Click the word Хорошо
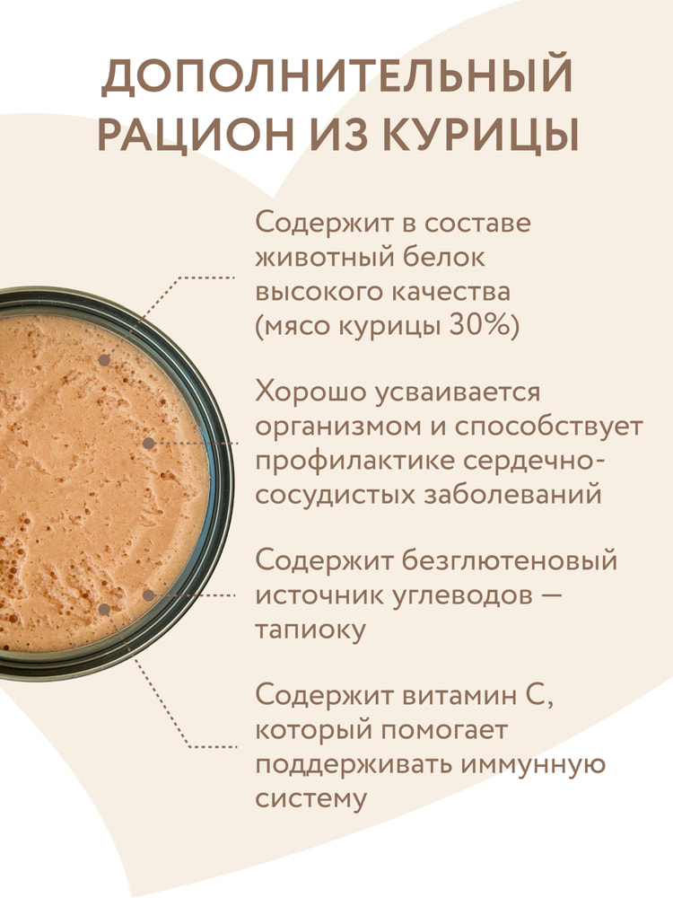310,393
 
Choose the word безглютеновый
510,559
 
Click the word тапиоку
310,631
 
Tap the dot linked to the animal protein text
104,360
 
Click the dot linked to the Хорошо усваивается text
148,444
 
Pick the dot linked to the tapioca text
149,595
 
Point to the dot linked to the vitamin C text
104,610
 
